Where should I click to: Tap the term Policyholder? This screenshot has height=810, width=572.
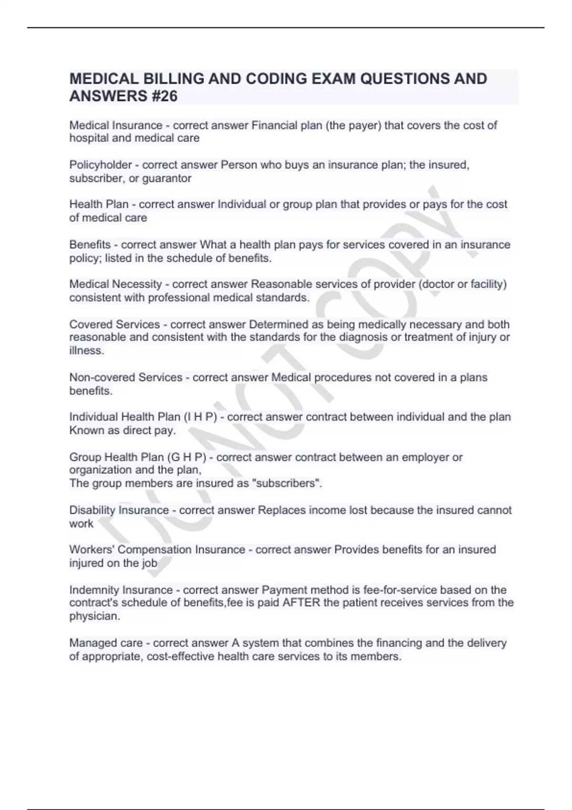point(101,165)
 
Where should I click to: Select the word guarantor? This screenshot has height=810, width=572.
point(167,179)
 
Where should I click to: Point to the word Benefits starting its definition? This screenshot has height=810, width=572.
point(90,244)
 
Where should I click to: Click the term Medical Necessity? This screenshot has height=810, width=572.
point(115,284)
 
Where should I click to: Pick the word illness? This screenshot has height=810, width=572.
point(86,351)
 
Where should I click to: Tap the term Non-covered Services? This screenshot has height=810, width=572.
point(126,377)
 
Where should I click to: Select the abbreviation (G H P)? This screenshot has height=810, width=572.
point(187,457)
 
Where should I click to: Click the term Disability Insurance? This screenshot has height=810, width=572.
point(119,510)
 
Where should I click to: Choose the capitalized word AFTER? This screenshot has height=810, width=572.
point(301,603)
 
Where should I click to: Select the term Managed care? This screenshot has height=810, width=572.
point(106,643)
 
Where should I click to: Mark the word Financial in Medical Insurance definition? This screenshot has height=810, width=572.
point(275,125)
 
